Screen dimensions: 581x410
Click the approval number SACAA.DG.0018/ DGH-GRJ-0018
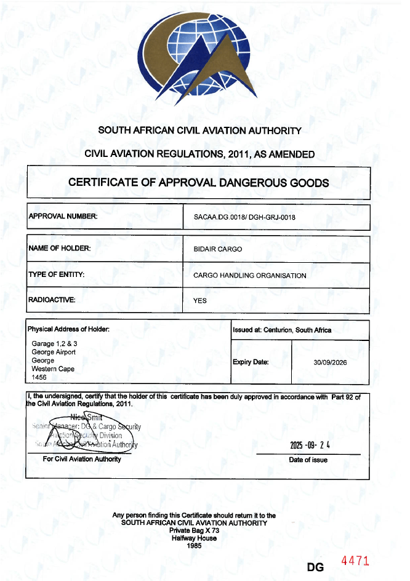pos(244,217)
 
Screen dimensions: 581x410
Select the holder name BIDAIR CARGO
pos(218,249)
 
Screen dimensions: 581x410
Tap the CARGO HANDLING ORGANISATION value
pos(249,275)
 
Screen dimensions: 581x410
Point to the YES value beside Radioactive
pos(200,301)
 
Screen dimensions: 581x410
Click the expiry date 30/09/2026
pos(330,363)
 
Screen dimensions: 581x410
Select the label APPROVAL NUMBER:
pos(63,216)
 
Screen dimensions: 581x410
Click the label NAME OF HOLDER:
pos(60,248)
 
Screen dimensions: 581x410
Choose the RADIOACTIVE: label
pos(52,300)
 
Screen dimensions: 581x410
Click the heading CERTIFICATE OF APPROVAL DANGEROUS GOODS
pos(198,183)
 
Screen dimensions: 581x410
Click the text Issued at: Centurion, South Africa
pos(282,330)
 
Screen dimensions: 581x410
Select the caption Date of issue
pos(308,460)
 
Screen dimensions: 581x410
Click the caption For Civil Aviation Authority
pos(82,459)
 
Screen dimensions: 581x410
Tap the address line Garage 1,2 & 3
pos(54,343)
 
